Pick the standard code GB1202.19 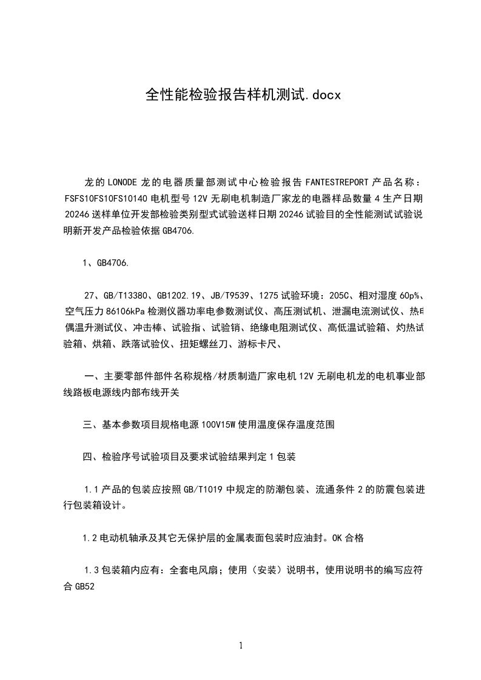click(177, 296)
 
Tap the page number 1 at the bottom click(241, 645)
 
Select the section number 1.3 click(90, 570)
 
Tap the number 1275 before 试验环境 click(269, 296)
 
